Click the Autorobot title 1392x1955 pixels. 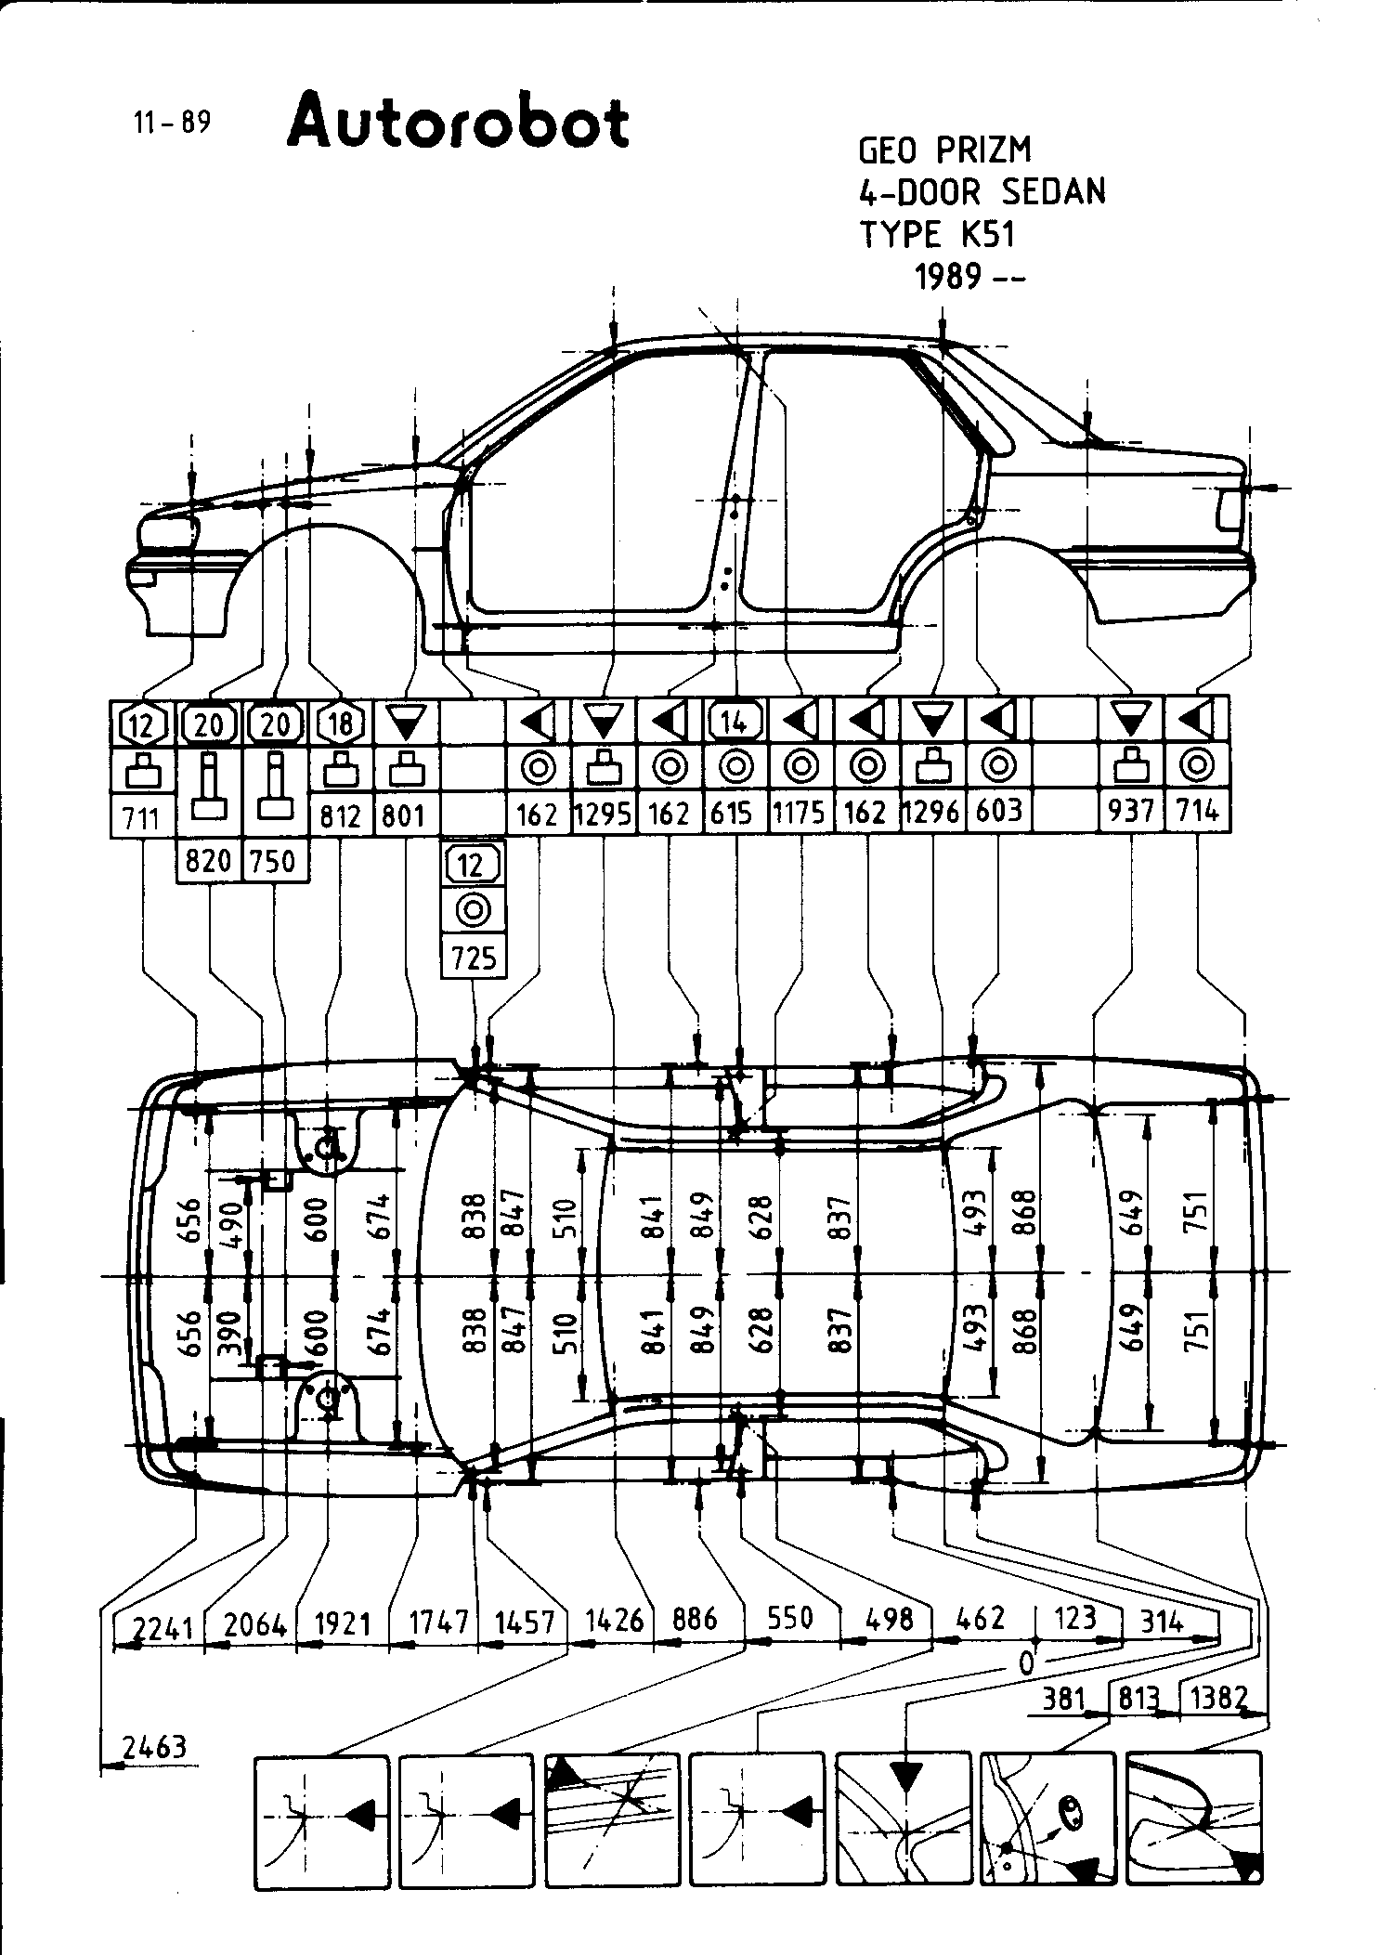tap(458, 123)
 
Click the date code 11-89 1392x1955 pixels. tap(172, 123)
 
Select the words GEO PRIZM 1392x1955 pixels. tap(944, 150)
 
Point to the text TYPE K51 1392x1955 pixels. tap(937, 234)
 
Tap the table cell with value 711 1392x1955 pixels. tap(142, 818)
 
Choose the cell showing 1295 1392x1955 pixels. tap(604, 815)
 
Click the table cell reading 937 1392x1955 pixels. tap(1130, 812)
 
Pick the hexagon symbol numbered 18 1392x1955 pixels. tap(341, 723)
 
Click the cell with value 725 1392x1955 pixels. tap(474, 958)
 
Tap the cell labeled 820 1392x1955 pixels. tap(208, 861)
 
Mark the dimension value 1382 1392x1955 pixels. tap(1218, 1698)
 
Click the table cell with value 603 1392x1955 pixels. tap(999, 811)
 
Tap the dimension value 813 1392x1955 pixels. tap(1138, 1699)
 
